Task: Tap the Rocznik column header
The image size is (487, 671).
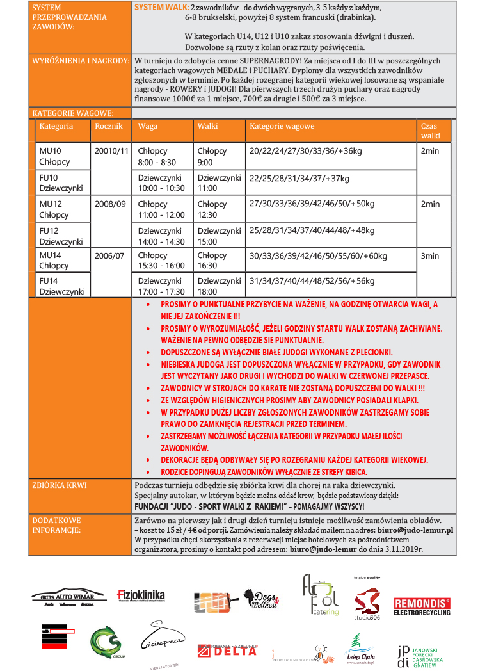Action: (x=108, y=126)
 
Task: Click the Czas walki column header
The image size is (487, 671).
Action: (x=431, y=131)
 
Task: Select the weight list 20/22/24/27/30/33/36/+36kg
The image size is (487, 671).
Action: (x=305, y=151)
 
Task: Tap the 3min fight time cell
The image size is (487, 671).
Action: (x=430, y=255)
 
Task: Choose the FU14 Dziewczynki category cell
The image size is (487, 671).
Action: (x=61, y=286)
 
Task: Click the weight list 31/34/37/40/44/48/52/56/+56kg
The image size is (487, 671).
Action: (x=312, y=281)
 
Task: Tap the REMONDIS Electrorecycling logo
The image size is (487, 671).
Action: (x=422, y=606)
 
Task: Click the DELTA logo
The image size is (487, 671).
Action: (x=227, y=651)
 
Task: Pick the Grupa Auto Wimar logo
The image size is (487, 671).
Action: (x=68, y=597)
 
